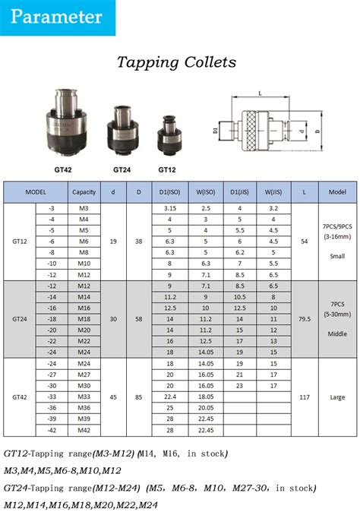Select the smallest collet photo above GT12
[x=168, y=134]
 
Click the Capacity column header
[x=84, y=191]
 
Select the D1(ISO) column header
[x=170, y=191]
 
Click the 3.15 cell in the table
[x=170, y=208]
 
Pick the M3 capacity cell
[x=84, y=208]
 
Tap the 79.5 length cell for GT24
[x=305, y=320]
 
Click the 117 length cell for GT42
[x=305, y=397]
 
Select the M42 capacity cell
[x=84, y=431]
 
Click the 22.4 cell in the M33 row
[x=170, y=397]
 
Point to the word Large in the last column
[x=336, y=397]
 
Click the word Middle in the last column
[x=336, y=334]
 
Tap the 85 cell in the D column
[x=138, y=397]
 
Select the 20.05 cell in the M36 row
[x=205, y=408]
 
